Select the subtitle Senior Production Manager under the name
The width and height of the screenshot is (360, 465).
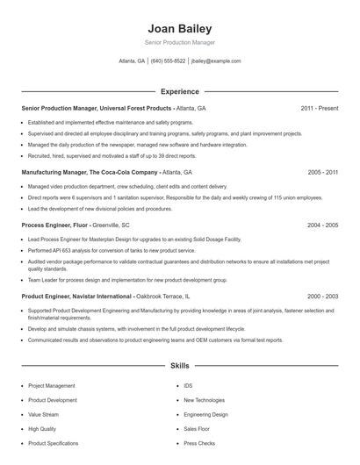(180, 42)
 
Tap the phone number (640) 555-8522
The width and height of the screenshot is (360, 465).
(168, 61)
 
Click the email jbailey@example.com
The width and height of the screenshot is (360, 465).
(216, 61)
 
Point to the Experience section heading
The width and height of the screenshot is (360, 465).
(180, 91)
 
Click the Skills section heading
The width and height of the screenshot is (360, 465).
(180, 365)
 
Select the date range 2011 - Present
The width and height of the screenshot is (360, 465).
(319, 108)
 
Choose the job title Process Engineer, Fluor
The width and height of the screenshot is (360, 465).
(54, 225)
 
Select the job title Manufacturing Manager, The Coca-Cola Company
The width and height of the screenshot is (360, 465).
(90, 173)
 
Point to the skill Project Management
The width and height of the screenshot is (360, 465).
(51, 386)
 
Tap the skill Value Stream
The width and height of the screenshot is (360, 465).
(43, 414)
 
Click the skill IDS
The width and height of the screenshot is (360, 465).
(188, 386)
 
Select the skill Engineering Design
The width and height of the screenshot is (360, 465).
(205, 414)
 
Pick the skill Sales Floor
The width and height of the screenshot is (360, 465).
(197, 429)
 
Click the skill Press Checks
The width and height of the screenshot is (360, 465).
(199, 443)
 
